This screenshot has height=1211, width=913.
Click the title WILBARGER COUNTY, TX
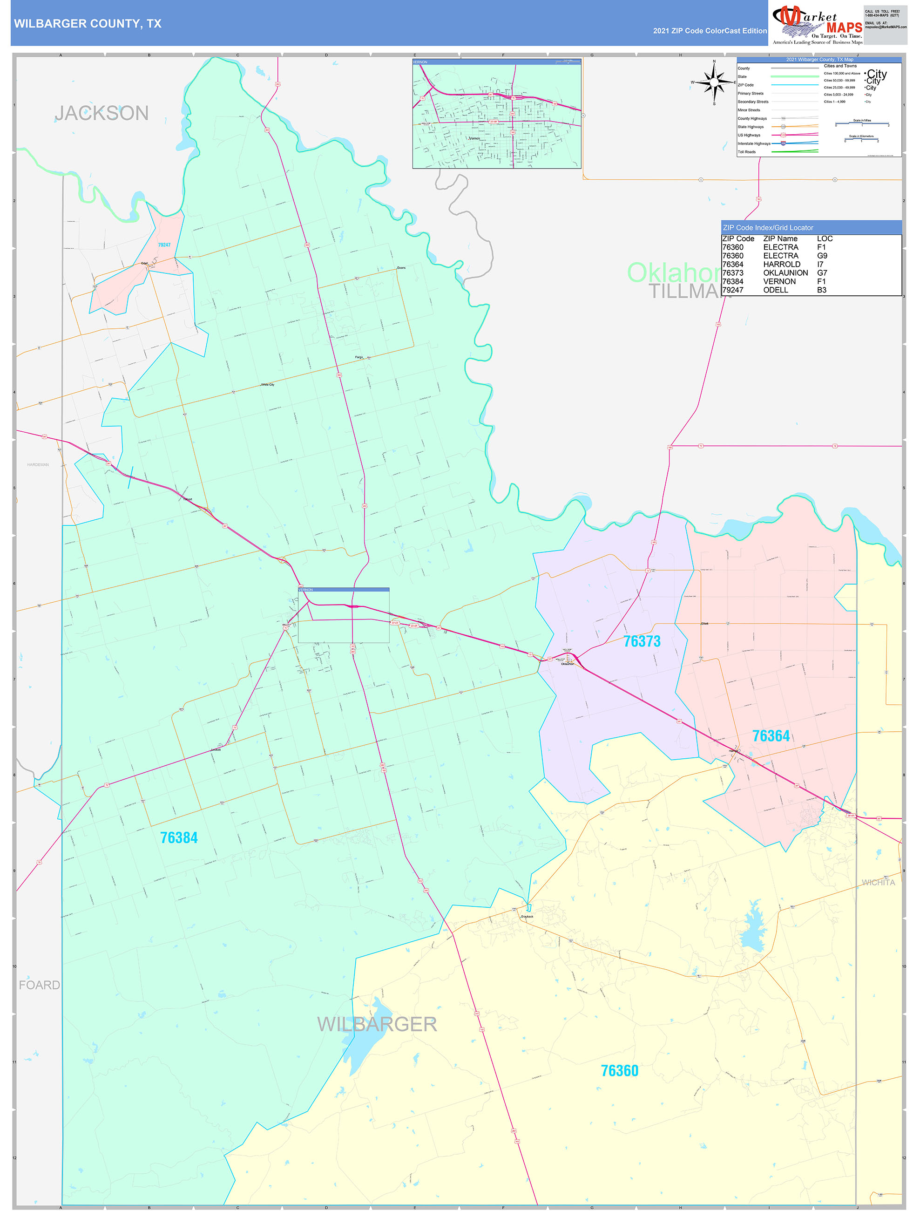coord(88,24)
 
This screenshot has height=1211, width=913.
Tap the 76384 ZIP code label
coord(179,837)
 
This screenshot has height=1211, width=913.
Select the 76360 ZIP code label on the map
coord(620,1070)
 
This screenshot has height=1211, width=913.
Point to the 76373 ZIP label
coord(642,641)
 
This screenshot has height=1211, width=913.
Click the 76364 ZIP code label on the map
coord(771,736)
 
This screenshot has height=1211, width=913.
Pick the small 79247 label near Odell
coord(164,245)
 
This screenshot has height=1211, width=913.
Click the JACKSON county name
coord(102,113)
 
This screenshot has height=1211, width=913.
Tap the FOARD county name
coord(40,985)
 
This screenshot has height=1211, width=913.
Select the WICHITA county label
coord(878,883)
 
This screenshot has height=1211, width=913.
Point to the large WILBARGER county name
coord(377,1024)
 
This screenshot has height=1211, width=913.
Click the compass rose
coord(714,82)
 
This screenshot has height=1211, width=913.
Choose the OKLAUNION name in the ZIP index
coord(785,272)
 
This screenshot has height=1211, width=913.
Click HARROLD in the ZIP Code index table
coord(781,265)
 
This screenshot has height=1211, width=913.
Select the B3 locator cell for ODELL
coord(822,290)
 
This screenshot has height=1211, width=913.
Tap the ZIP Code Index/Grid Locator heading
coord(768,228)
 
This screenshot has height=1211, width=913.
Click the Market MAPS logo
coord(817,25)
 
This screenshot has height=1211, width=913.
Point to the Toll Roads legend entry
coord(747,152)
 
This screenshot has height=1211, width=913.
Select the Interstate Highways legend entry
coord(754,143)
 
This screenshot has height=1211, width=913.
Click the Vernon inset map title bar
coord(496,62)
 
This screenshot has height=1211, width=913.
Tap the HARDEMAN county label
coord(38,465)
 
